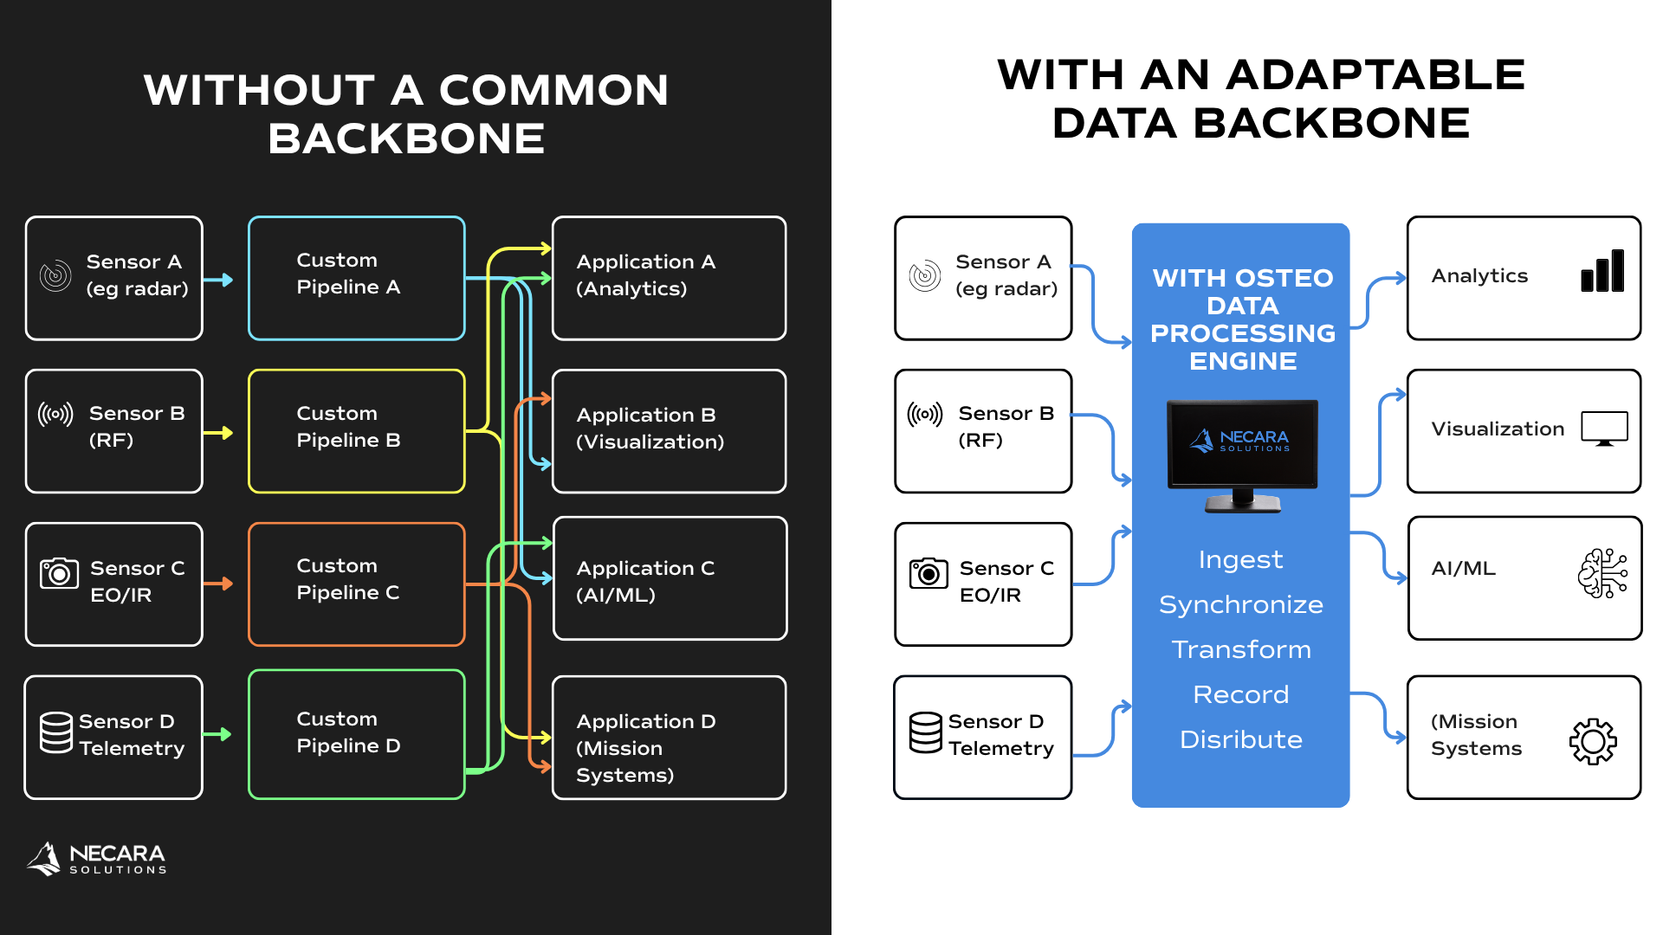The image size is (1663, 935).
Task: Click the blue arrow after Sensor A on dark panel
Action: [218, 280]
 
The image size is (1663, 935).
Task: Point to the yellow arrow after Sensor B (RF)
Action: [218, 433]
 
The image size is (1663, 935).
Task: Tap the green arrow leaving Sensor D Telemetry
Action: [218, 734]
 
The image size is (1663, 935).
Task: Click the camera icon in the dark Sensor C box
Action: [59, 572]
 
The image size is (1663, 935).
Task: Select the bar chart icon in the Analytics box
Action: [1602, 271]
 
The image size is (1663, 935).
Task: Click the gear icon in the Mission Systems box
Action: [1593, 741]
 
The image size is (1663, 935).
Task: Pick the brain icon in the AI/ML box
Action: [1602, 573]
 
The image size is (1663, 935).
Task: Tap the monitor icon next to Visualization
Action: [1604, 429]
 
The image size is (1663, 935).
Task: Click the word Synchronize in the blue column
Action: [1241, 604]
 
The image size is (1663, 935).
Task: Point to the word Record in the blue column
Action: [1241, 694]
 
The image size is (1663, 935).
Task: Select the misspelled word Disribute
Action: [1241, 739]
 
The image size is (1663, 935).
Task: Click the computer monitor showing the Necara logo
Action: [1242, 455]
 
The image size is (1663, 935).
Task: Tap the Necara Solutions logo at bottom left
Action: [96, 859]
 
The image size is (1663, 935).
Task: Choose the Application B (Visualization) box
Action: [670, 431]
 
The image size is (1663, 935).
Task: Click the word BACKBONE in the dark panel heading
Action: [406, 139]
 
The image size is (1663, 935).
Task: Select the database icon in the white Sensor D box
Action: [926, 732]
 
